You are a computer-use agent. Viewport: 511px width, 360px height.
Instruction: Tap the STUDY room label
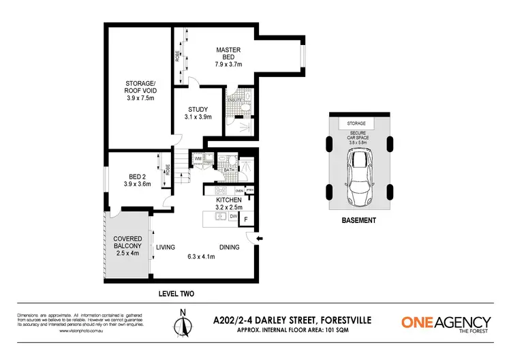tap(198, 112)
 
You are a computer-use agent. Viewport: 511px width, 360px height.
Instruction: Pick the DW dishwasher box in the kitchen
tap(233, 216)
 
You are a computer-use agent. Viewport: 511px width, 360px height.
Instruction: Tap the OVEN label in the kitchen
tap(239, 191)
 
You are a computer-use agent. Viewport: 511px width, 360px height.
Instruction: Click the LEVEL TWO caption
tap(177, 294)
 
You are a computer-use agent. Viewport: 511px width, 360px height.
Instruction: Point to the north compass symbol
tap(182, 321)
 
